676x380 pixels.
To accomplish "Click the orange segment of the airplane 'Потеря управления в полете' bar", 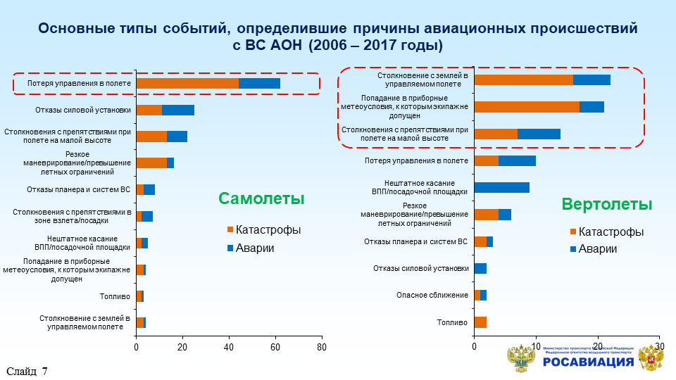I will (x=187, y=83).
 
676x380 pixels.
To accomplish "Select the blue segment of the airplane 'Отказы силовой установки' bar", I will (x=178, y=110).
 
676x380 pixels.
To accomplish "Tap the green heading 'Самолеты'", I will (x=261, y=198).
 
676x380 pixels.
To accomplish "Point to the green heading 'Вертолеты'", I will (x=606, y=204).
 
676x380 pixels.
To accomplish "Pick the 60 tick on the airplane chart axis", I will (x=275, y=348).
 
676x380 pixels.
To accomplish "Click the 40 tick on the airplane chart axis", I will (x=229, y=348).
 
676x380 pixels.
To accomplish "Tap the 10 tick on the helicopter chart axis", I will (x=536, y=348).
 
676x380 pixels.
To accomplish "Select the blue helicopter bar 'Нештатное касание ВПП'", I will (x=501, y=187).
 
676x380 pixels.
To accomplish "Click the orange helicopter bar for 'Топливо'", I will (x=480, y=322).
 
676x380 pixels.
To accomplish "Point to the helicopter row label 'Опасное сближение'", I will (x=432, y=295).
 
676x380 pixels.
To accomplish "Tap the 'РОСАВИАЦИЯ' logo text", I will (x=588, y=362).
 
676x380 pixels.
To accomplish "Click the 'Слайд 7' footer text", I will (x=27, y=372).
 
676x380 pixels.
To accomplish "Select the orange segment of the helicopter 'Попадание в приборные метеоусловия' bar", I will (x=527, y=107).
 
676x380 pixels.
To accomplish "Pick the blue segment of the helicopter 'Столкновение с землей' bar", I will (x=591, y=80).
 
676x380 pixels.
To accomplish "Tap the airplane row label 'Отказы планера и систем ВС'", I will (x=79, y=189).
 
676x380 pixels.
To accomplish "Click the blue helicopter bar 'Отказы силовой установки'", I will (x=480, y=268).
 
